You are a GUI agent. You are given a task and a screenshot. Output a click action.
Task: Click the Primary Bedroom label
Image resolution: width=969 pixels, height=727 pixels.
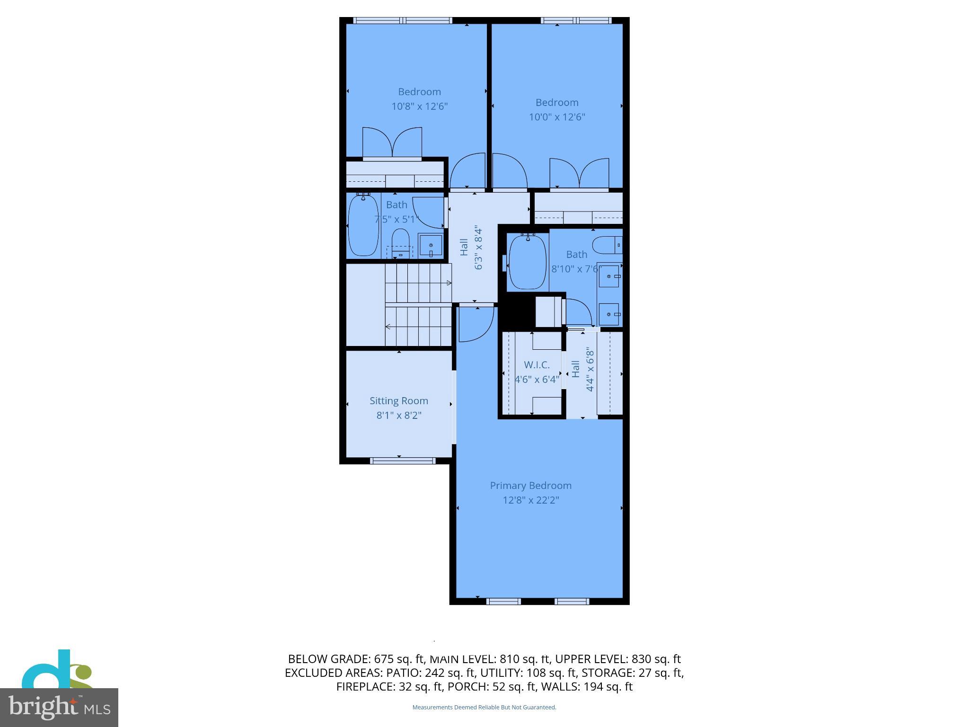tap(530, 486)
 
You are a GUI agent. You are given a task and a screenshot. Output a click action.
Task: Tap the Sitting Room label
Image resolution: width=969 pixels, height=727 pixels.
tap(398, 401)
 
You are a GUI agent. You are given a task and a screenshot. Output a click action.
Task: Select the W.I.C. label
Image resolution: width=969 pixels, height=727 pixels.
tap(537, 365)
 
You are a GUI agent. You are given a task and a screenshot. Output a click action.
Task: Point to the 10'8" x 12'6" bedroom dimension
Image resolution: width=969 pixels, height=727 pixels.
tap(419, 106)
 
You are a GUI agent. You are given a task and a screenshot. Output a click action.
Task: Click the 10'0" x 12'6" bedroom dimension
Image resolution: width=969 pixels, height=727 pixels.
tap(557, 117)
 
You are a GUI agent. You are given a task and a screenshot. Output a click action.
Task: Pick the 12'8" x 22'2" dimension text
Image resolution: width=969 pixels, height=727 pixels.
tap(530, 500)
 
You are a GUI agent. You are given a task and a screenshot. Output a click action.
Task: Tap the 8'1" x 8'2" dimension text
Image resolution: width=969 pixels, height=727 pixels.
tap(398, 416)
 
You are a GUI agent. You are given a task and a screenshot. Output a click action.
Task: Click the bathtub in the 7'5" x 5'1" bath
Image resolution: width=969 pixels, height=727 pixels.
tap(363, 225)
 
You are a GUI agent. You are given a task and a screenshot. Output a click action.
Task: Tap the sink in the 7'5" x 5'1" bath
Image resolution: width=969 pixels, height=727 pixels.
tap(431, 246)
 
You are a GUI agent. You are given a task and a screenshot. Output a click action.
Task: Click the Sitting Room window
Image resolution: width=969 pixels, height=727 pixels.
tap(402, 461)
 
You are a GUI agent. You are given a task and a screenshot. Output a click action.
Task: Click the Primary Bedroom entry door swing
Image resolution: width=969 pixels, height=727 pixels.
tap(476, 324)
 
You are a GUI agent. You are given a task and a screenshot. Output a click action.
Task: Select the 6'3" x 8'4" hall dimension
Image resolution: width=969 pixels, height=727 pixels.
tap(478, 248)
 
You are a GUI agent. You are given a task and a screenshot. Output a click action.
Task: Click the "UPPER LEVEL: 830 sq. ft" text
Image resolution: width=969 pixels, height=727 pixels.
tap(617, 659)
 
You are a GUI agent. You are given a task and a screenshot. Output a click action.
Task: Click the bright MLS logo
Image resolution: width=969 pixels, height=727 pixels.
tap(59, 707)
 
